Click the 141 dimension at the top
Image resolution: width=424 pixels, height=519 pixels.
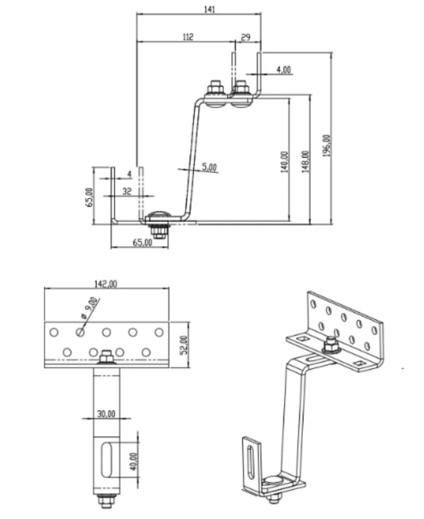209,9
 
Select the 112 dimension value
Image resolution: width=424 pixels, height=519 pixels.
188,37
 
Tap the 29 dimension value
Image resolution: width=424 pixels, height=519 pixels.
246,38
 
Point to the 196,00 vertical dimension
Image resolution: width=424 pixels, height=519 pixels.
327,145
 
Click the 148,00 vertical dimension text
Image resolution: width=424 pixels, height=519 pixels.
305,162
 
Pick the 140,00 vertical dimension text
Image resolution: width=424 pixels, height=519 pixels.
285,162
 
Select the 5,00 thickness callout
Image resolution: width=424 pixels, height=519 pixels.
209,167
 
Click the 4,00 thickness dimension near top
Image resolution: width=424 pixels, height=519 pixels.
284,69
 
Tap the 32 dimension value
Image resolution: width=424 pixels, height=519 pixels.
127,191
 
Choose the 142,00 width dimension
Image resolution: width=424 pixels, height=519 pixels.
106,284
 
